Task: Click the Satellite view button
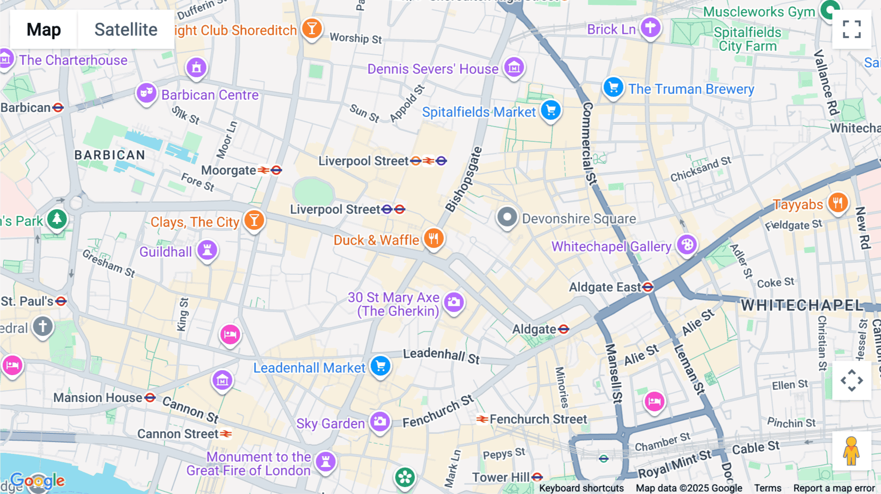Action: (x=126, y=30)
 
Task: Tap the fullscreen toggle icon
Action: (x=852, y=29)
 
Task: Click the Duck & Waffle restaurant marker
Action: (x=434, y=239)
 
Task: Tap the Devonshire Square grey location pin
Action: (x=507, y=217)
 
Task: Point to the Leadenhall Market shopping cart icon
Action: (x=380, y=366)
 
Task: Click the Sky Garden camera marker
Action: (x=380, y=422)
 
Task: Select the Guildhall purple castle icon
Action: (x=207, y=250)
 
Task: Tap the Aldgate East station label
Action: (x=605, y=287)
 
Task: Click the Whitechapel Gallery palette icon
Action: (x=687, y=245)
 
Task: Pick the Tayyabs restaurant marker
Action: (x=837, y=202)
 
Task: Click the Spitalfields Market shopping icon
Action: (x=551, y=111)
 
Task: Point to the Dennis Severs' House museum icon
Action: (x=514, y=67)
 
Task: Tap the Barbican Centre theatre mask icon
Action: (x=146, y=92)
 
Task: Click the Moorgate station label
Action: (x=229, y=170)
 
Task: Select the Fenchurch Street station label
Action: (x=538, y=419)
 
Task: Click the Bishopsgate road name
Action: (x=464, y=180)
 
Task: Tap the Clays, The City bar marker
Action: (x=254, y=220)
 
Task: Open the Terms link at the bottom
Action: (x=767, y=488)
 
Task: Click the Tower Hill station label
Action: (x=500, y=477)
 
